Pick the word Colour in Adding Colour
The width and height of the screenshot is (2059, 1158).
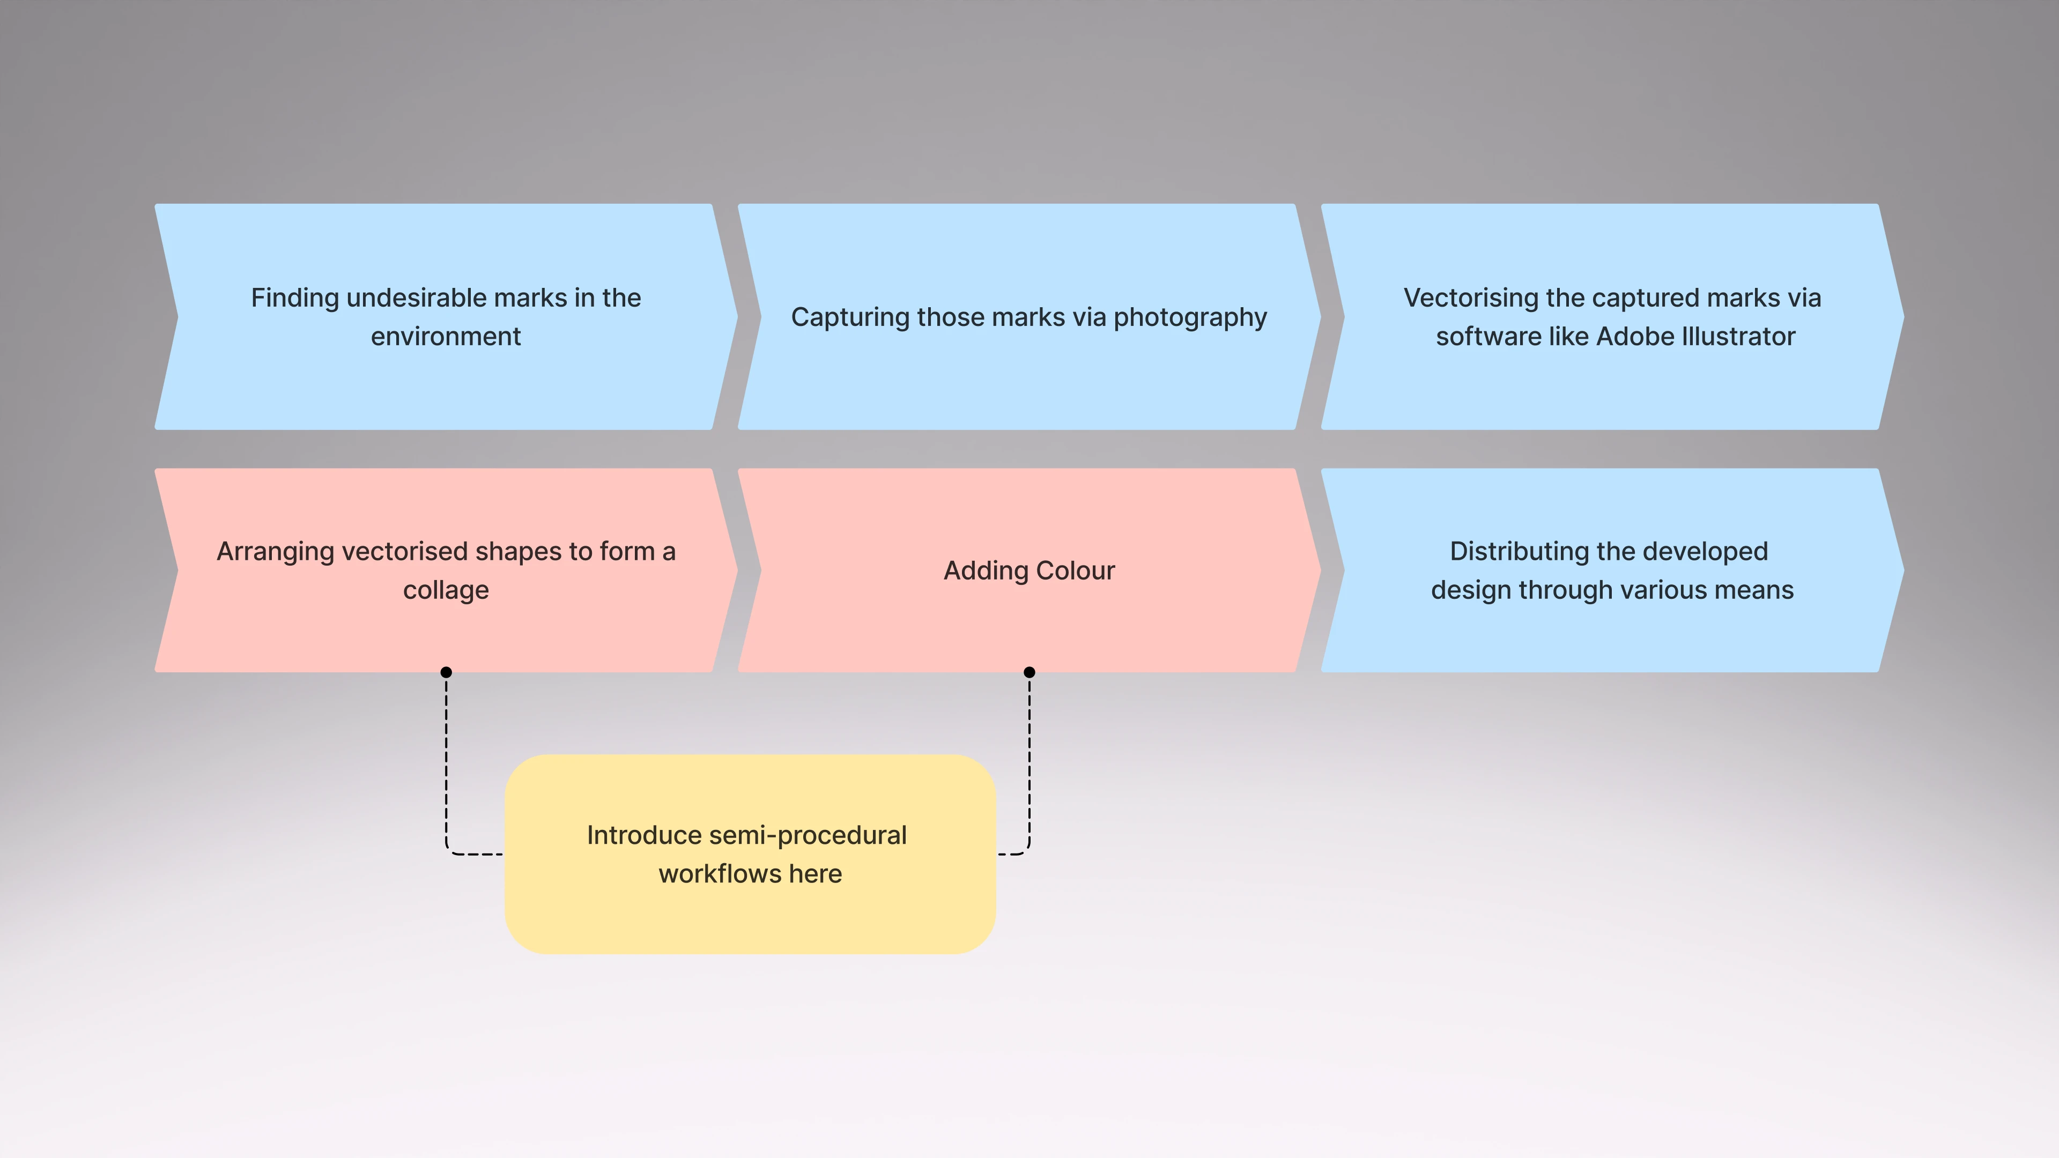click(x=1074, y=570)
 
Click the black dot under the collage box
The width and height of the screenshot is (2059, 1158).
click(x=446, y=672)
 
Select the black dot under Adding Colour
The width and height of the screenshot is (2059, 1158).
click(x=1029, y=672)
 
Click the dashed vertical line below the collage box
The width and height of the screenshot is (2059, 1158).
click(x=446, y=759)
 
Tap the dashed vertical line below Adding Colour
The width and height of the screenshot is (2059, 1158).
click(x=1029, y=759)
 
